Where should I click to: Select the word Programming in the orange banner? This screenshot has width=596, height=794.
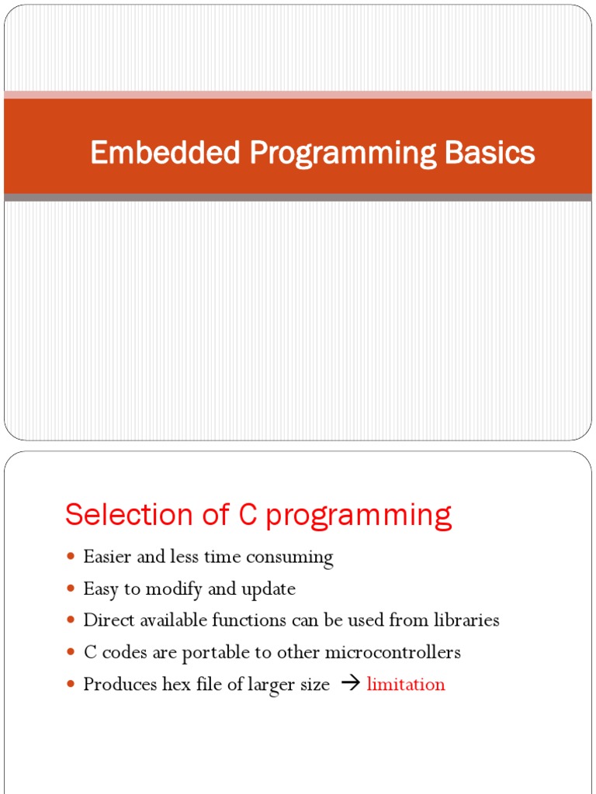pos(342,154)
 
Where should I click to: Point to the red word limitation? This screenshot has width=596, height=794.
pos(406,685)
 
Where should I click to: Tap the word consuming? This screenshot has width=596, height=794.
pos(295,558)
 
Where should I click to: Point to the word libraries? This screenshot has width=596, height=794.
pos(465,620)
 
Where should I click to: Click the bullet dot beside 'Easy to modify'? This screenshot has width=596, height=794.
pos(71,589)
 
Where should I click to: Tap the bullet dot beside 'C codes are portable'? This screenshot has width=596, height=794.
pos(71,653)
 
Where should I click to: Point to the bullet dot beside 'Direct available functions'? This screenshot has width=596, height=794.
pos(71,621)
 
